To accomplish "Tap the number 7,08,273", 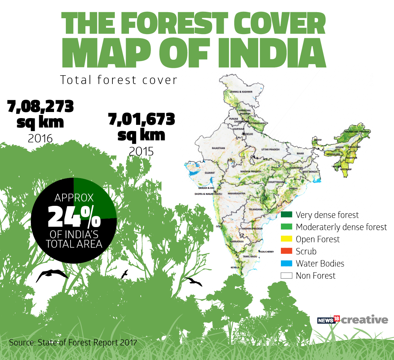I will pos(40,107).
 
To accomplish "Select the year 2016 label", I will pos(40,138).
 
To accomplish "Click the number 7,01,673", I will pos(141,119).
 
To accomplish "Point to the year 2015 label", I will pos(141,151).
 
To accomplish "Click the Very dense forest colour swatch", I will pos(286,215).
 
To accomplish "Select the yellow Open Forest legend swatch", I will pos(286,239).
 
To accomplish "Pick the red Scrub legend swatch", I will pos(286,251).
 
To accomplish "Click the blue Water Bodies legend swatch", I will pos(286,264).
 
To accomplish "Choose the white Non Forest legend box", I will pos(286,276).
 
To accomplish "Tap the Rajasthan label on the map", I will pos(218,148).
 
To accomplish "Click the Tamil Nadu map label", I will pos(250,257).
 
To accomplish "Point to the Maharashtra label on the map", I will pos(236,194).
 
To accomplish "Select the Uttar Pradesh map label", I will pos(270,149).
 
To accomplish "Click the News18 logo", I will pos(328,320).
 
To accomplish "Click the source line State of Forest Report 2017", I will pos(73,342).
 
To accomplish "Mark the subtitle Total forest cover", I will pos(119,80).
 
